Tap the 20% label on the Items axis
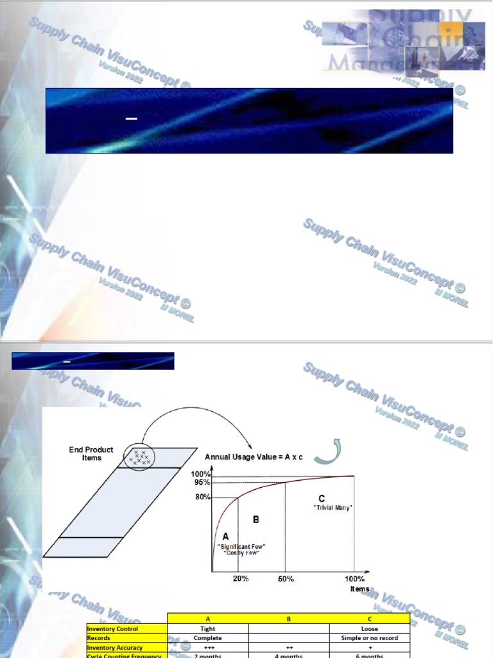[240, 578]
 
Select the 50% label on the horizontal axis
[286, 578]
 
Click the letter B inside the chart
[255, 519]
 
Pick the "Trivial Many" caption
[333, 508]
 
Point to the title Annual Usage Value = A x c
[254, 457]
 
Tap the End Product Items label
[92, 454]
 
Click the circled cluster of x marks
[139, 456]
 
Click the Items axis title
[359, 589]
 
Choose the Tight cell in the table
[208, 628]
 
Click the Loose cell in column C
[369, 628]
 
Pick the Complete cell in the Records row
[208, 638]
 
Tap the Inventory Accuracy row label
[115, 648]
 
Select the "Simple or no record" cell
[369, 638]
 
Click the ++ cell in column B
[288, 648]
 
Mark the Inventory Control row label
[112, 628]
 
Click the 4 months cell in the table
[288, 655]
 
